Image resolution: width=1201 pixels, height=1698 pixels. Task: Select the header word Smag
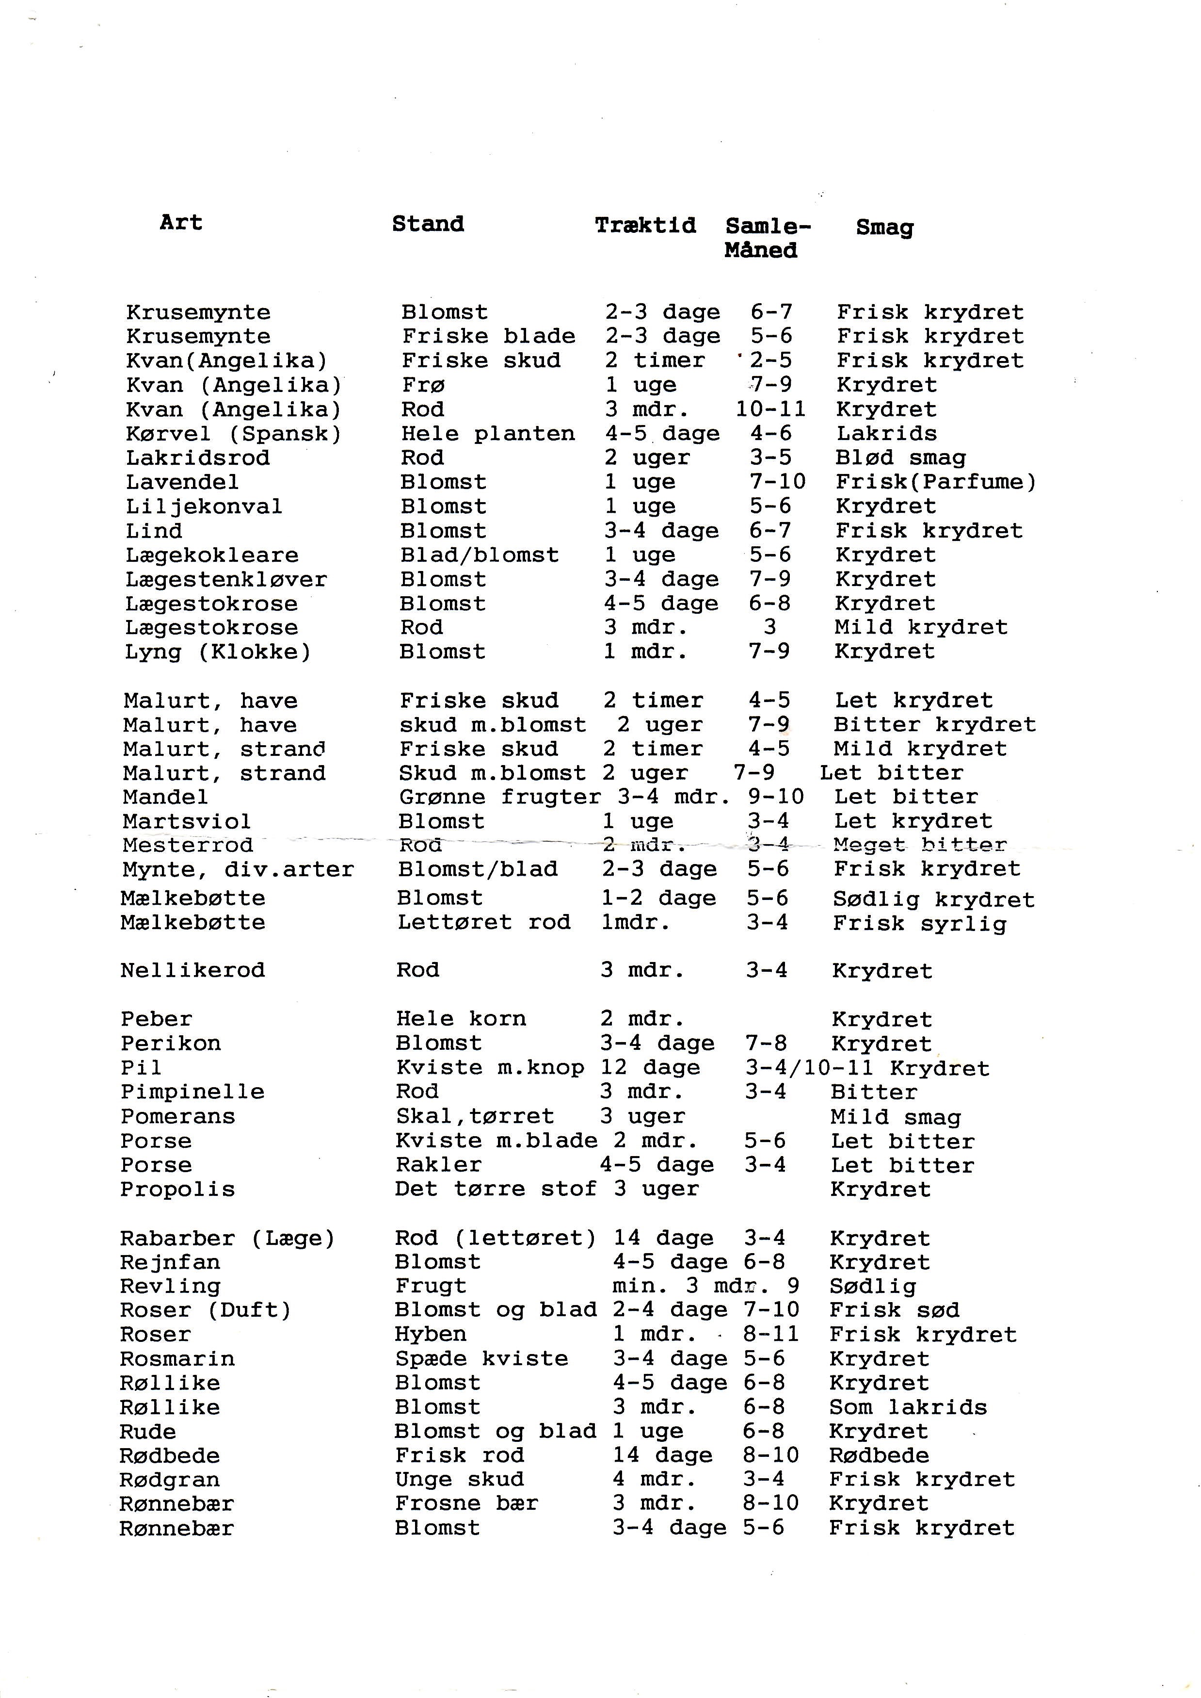click(884, 228)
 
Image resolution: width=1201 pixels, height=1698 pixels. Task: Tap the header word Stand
click(428, 224)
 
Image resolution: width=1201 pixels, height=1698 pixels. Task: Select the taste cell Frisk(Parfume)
click(935, 482)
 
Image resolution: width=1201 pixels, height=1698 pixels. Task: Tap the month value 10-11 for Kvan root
click(770, 409)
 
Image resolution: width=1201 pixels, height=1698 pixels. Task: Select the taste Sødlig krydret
click(933, 899)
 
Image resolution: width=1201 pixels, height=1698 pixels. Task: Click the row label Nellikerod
click(192, 970)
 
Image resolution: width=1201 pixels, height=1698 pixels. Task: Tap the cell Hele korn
click(461, 1019)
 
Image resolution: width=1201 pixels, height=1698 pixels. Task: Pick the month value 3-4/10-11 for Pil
click(808, 1068)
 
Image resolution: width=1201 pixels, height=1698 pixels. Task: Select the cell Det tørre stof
click(495, 1189)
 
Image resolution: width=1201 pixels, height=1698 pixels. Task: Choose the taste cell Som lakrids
click(907, 1407)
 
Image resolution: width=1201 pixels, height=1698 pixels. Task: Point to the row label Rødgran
click(169, 1480)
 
